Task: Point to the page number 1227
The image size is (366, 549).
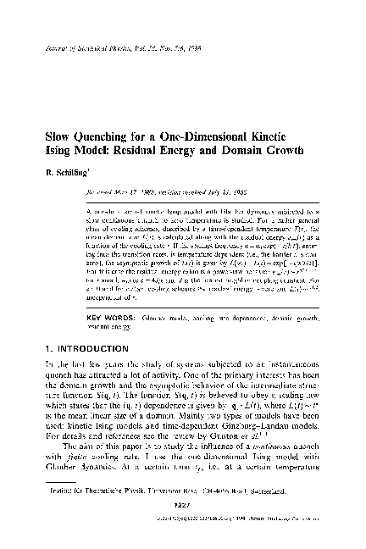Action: [183, 526]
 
